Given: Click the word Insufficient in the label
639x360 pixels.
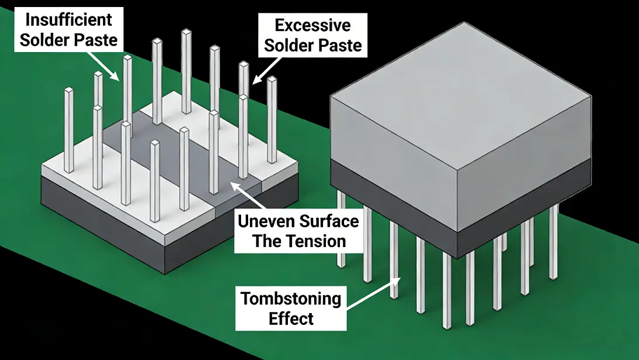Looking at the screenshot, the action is pos(68,19).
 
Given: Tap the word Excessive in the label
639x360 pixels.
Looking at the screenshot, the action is pos(312,25).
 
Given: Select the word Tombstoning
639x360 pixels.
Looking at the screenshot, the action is pos(291,299).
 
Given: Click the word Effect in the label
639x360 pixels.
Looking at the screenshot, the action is pos(291,318).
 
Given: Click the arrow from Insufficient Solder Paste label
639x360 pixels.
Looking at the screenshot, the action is pos(102,66).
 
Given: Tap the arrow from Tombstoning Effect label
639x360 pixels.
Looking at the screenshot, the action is pos(374,292).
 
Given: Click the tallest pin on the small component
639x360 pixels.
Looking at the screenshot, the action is pos(187,71).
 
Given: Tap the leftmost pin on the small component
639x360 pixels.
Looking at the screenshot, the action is pos(69,130).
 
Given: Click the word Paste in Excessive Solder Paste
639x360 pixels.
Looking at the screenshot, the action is pos(341,45).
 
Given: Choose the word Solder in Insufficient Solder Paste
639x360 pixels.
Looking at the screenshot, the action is pos(44,40).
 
